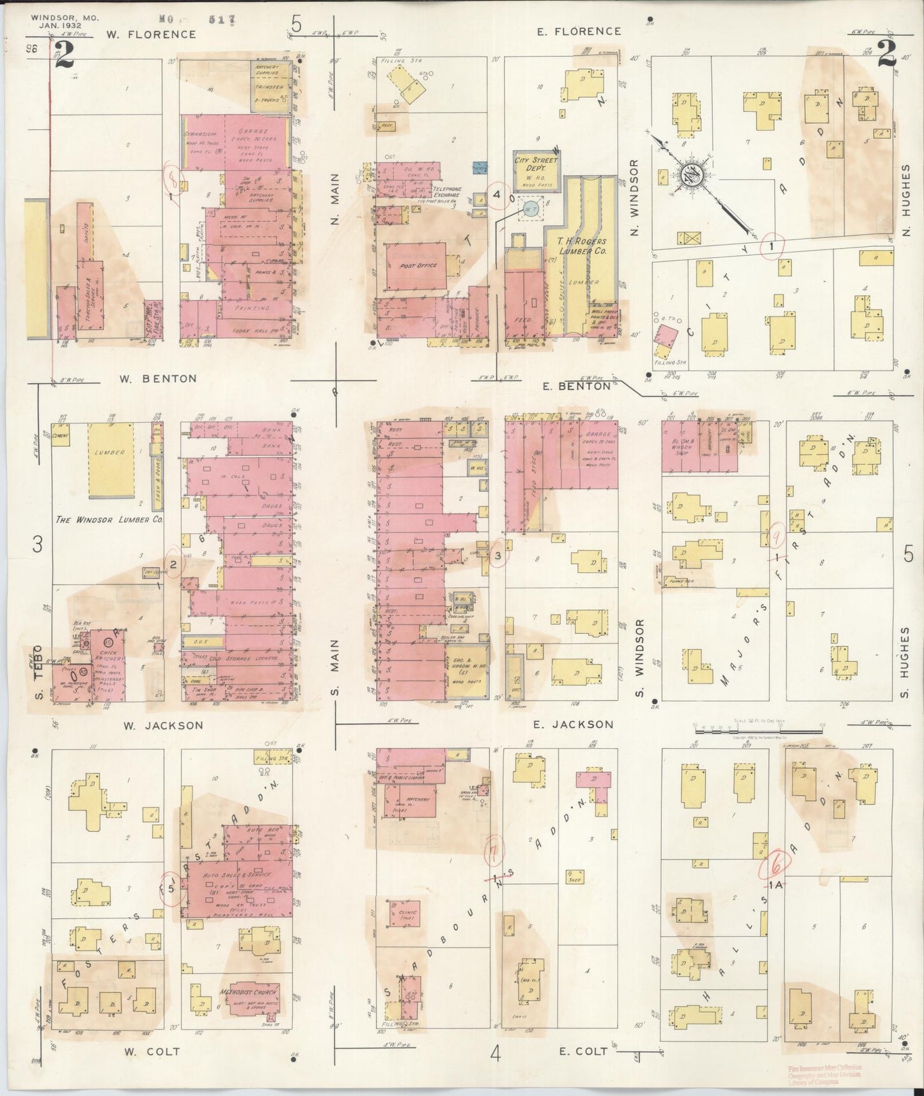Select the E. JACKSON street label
click(574, 724)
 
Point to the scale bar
click(758, 728)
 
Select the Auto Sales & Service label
click(237, 874)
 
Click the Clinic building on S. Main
click(403, 915)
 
